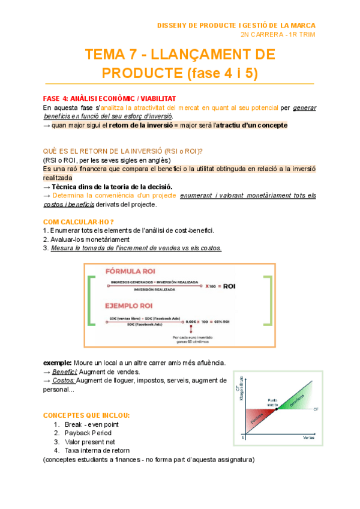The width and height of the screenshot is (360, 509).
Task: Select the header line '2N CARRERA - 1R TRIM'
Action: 277,34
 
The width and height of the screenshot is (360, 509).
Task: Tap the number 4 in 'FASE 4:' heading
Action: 65,98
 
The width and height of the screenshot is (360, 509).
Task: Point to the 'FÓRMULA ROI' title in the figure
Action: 131,270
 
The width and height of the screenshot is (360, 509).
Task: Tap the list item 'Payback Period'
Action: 88,433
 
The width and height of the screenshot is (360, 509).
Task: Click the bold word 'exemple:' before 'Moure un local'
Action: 57,363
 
